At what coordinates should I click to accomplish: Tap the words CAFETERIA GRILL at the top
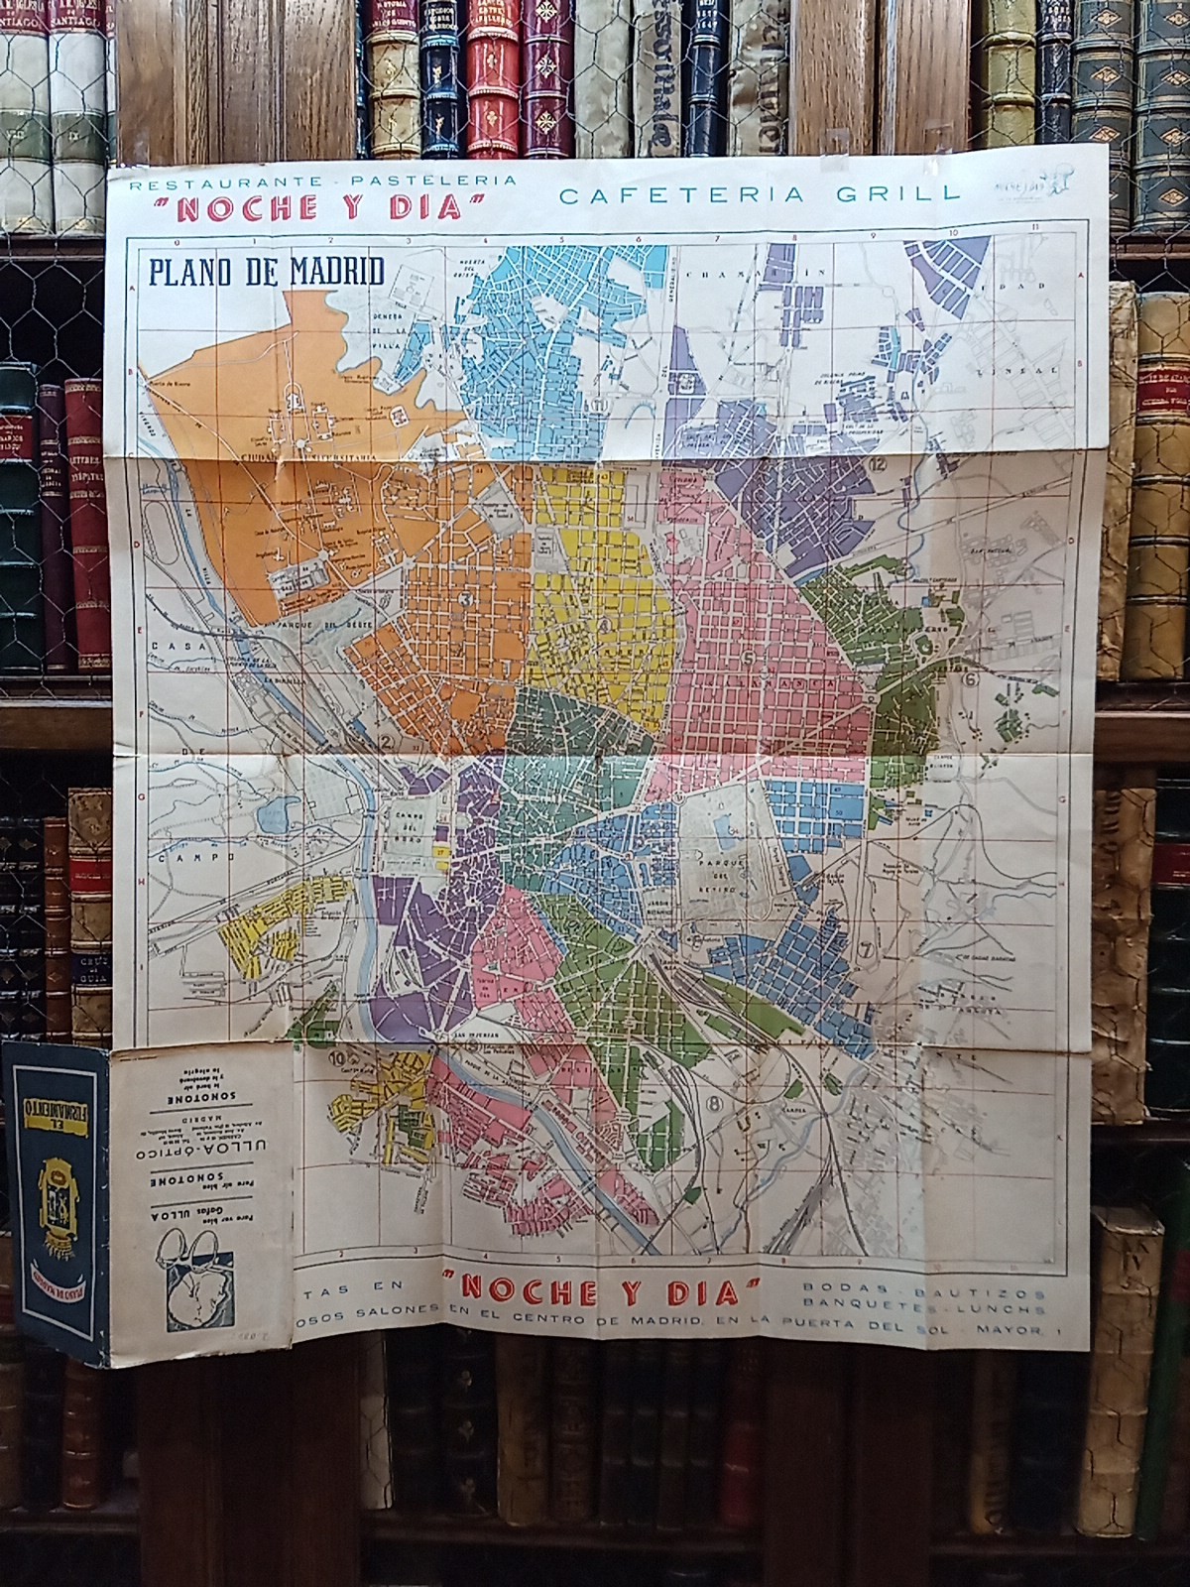point(760,194)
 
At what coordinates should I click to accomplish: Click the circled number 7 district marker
point(868,947)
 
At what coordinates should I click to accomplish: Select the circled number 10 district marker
point(334,1058)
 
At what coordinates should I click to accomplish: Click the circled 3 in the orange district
point(464,599)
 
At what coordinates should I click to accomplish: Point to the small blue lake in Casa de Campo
point(271,815)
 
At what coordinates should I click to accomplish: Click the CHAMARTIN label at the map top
point(756,273)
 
